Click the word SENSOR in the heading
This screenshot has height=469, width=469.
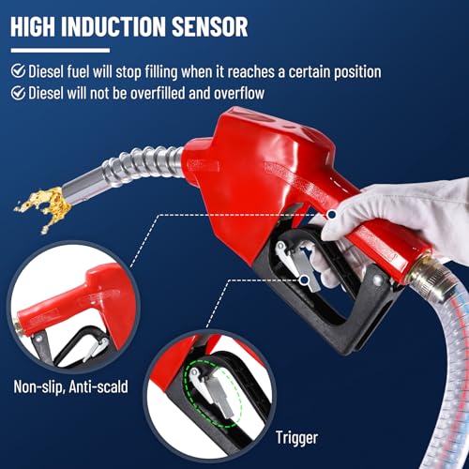(x=210, y=26)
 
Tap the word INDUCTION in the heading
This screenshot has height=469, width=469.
(x=113, y=26)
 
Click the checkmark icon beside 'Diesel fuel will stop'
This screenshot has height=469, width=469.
(x=18, y=71)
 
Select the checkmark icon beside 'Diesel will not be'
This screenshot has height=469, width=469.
(x=18, y=93)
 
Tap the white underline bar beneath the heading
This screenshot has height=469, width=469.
(x=60, y=50)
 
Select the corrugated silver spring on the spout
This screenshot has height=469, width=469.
(x=143, y=164)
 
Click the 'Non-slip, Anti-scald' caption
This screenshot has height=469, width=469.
(x=71, y=386)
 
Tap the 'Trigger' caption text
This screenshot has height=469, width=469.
(x=296, y=438)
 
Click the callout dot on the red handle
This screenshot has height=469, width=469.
(x=332, y=215)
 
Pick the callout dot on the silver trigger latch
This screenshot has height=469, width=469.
(x=304, y=280)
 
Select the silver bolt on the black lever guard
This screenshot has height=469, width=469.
(x=378, y=280)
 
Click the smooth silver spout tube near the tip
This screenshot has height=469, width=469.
(x=83, y=187)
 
